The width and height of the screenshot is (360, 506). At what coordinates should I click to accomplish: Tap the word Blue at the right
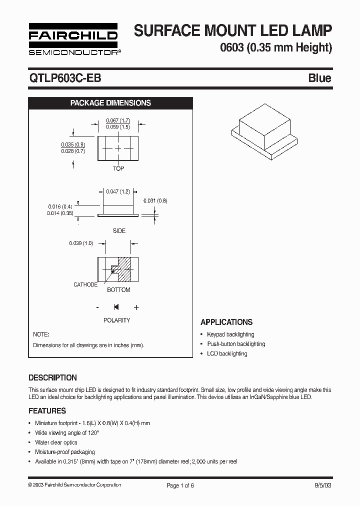pyautogui.click(x=319, y=78)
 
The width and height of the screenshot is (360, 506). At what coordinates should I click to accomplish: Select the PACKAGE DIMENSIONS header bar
pyautogui.click(x=110, y=103)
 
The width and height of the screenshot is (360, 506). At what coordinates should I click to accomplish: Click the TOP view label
pyautogui.click(x=118, y=168)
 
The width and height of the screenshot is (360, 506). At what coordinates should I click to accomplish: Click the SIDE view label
pyautogui.click(x=119, y=231)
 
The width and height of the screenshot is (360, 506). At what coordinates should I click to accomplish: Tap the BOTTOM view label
pyautogui.click(x=118, y=290)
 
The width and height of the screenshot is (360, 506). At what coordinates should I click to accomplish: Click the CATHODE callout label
pyautogui.click(x=85, y=284)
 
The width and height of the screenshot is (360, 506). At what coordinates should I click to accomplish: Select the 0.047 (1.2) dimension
pyautogui.click(x=118, y=191)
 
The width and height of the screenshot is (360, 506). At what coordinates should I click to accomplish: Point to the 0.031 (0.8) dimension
pyautogui.click(x=155, y=200)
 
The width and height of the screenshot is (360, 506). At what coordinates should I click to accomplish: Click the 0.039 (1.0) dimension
pyautogui.click(x=81, y=243)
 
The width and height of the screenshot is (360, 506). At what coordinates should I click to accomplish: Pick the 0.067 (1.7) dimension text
pyautogui.click(x=118, y=120)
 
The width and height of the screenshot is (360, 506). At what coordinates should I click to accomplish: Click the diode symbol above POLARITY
pyautogui.click(x=116, y=307)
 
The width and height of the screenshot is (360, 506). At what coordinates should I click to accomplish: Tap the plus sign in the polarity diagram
pyautogui.click(x=136, y=307)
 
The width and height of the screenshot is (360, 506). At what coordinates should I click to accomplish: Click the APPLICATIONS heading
pyautogui.click(x=226, y=322)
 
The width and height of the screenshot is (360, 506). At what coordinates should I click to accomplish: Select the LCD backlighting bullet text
pyautogui.click(x=227, y=353)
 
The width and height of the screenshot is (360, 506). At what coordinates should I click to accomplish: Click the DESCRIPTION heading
pyautogui.click(x=52, y=378)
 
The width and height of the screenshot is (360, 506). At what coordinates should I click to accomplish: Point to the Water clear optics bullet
pyautogui.click(x=56, y=442)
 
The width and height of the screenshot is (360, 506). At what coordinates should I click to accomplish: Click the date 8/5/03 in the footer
pyautogui.click(x=323, y=485)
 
